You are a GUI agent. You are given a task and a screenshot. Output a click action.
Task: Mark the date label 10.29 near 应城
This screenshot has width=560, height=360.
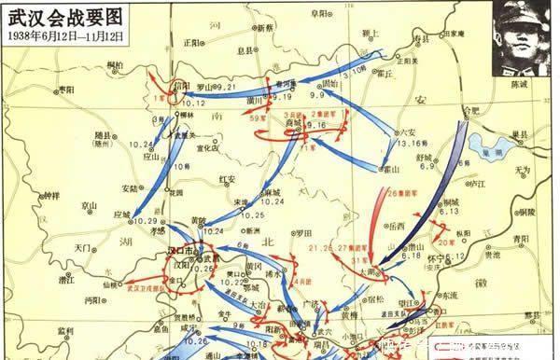[x=147, y=221]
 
